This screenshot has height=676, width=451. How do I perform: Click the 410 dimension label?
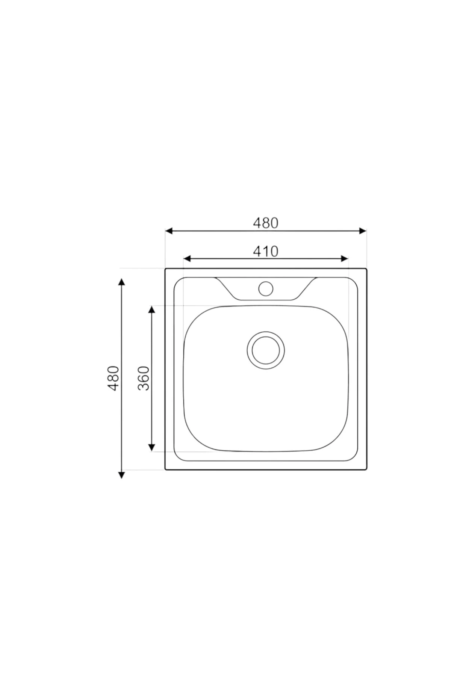click(x=265, y=251)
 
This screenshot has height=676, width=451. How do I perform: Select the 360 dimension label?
click(x=144, y=378)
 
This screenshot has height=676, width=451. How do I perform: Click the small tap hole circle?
click(x=265, y=288)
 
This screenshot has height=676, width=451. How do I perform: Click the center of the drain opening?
click(x=266, y=350)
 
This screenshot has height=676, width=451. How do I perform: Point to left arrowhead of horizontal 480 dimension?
click(x=169, y=231)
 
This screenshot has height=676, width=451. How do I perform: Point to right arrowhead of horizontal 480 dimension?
click(x=363, y=231)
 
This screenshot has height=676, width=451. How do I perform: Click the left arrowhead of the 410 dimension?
click(x=187, y=259)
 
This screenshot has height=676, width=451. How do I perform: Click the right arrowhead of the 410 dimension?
click(x=345, y=259)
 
